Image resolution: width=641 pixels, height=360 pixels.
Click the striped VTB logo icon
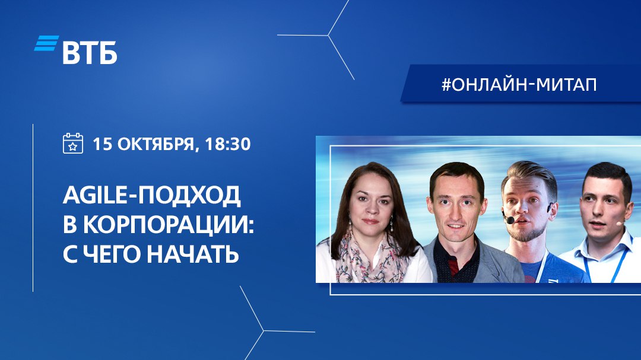click(46, 43)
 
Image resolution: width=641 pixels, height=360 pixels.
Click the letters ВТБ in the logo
click(90, 53)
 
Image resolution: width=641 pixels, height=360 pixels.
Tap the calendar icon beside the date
click(73, 143)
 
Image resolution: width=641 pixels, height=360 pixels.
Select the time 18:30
click(228, 144)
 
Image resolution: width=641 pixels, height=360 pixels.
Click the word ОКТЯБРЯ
click(156, 144)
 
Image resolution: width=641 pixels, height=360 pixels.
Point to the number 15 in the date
click(103, 144)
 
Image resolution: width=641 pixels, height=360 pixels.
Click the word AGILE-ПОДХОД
click(152, 195)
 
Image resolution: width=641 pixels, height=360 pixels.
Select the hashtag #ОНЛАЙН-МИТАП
click(519, 84)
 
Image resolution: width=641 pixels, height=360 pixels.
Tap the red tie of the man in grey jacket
click(453, 267)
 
